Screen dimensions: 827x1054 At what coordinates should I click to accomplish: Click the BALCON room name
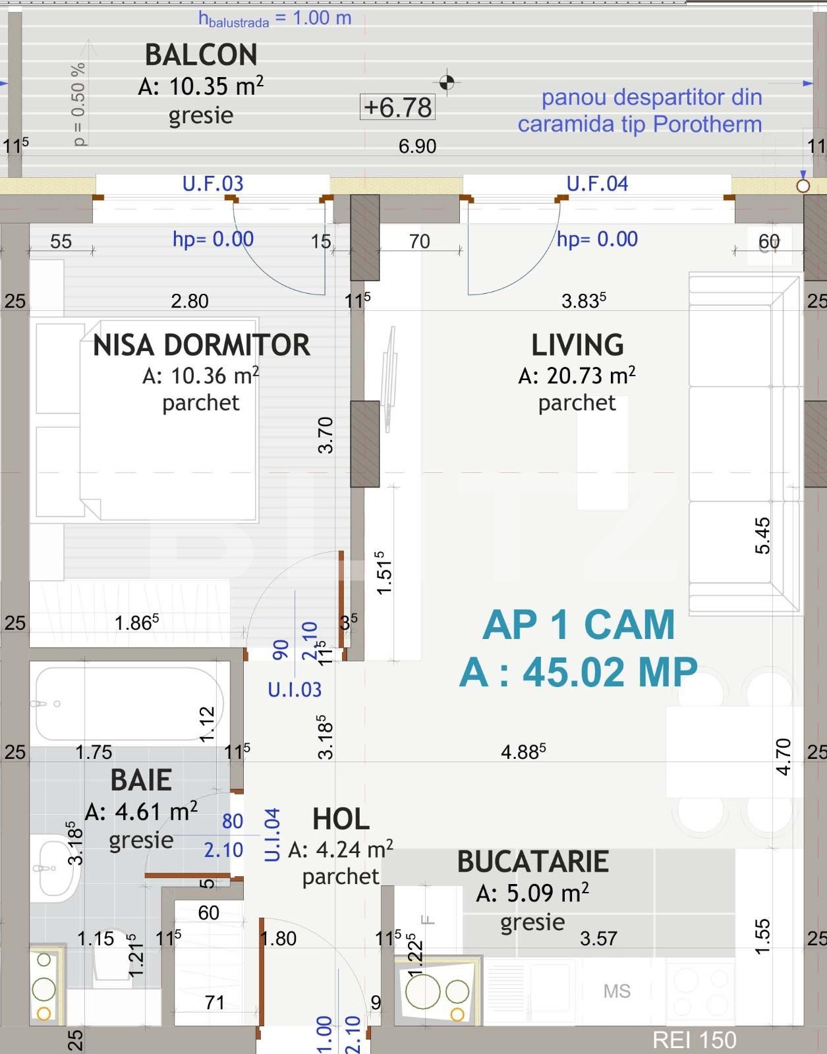[201, 55]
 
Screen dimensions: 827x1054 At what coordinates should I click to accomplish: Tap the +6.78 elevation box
[397, 107]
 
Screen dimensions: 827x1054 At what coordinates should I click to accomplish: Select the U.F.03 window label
[213, 184]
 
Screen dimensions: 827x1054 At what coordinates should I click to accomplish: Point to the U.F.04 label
[597, 184]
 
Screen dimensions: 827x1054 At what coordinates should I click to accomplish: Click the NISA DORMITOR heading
[201, 345]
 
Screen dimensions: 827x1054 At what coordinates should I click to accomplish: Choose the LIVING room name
[577, 345]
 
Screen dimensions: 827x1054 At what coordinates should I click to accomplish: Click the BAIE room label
[141, 781]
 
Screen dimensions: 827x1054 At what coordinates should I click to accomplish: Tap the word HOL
[341, 819]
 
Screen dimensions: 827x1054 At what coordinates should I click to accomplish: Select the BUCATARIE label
[533, 862]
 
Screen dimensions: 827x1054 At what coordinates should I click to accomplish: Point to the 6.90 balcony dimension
[417, 146]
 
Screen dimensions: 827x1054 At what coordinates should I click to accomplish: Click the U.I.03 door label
[295, 689]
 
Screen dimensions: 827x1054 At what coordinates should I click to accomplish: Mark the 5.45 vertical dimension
[762, 536]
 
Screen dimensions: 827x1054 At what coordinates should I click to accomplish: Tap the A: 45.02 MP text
[578, 673]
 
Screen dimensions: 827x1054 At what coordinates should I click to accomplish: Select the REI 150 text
[694, 1040]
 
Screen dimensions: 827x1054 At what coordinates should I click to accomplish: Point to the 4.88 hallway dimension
[523, 752]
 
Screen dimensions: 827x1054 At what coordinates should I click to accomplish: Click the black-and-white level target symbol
[447, 82]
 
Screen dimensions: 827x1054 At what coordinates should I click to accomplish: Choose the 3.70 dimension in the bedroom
[326, 435]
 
